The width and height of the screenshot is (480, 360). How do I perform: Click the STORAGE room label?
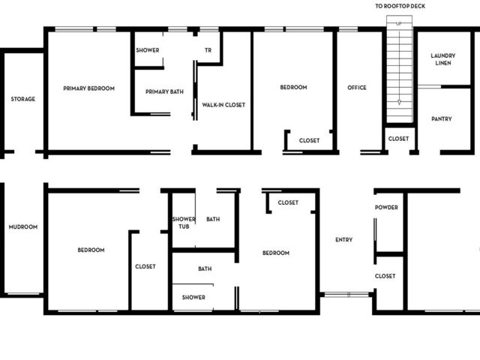tap(23, 99)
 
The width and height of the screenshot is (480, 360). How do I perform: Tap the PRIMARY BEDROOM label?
tap(88, 88)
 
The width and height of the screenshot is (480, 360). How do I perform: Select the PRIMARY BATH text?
tap(164, 91)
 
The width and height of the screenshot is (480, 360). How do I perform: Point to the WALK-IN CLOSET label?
tap(223, 105)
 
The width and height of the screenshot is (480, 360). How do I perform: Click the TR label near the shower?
tap(208, 50)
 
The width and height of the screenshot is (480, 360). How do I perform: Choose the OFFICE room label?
tap(357, 88)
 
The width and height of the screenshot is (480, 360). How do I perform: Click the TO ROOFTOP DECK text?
tap(400, 6)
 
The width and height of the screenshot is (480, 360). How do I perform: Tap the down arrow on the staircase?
tap(399, 102)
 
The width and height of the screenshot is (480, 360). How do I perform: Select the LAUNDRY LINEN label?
tap(443, 59)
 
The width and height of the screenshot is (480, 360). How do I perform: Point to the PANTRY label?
tap(442, 118)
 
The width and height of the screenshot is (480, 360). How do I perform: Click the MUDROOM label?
tap(23, 226)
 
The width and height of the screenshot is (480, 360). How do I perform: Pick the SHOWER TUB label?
tap(184, 223)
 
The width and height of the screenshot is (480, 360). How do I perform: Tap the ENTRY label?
tap(343, 240)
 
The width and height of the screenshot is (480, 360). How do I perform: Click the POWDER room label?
tap(386, 207)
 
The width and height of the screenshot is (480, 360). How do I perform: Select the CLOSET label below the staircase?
tap(398, 139)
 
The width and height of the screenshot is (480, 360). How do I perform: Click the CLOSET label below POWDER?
tap(385, 276)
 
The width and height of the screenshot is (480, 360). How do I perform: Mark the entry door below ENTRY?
tap(346, 295)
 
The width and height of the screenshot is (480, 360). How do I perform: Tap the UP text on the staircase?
tap(399, 23)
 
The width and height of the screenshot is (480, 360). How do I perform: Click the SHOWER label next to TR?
tap(148, 50)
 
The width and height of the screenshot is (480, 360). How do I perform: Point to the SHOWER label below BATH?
tap(193, 297)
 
